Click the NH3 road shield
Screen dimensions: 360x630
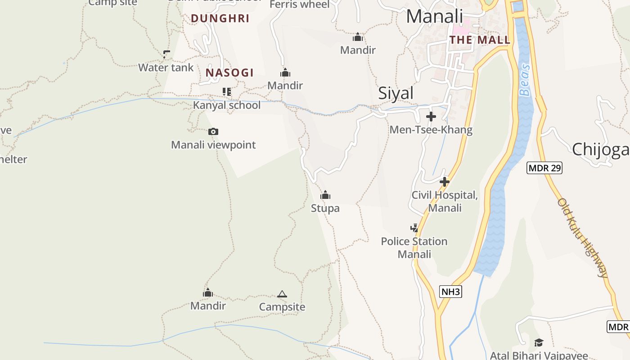coord(450,292)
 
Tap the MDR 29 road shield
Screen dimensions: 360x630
coord(544,168)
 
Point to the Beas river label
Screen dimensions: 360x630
coord(525,81)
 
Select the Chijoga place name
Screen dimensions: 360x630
coord(600,149)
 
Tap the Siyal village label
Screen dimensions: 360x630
coord(396,93)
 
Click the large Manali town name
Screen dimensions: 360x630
coord(434,16)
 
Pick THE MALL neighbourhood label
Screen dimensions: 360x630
coord(480,40)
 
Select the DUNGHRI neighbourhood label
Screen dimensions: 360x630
coord(220,18)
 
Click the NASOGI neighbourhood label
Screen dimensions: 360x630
coord(229,72)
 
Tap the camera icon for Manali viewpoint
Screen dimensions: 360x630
coord(213,131)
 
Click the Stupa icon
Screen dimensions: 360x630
coord(325,195)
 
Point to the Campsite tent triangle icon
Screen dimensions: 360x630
coord(282,294)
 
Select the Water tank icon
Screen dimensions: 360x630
coord(166,55)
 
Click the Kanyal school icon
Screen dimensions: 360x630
coord(227,92)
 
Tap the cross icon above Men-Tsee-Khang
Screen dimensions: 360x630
coord(431,117)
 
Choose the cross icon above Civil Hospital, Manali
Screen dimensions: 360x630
coord(445,182)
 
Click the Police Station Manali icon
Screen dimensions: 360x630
coord(414,228)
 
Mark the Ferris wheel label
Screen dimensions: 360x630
coord(300,4)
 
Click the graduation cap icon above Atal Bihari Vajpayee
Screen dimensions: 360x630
coord(539,343)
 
